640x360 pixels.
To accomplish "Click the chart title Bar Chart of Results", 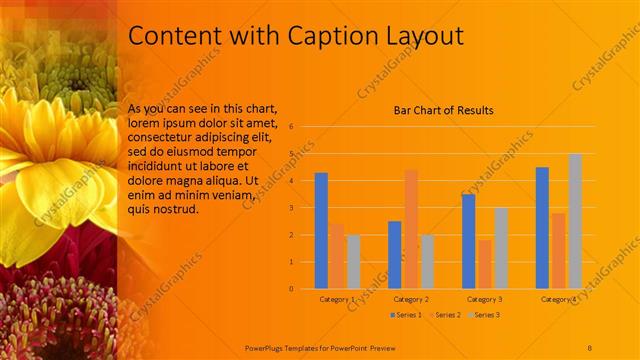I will (443, 110).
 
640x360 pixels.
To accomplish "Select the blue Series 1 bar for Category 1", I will (321, 230).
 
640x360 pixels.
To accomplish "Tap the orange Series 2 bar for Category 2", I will (411, 229).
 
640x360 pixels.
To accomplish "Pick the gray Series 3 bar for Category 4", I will (575, 221).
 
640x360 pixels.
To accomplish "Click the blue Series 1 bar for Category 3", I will (468, 241).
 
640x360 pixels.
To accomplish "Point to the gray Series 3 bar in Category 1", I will (354, 261).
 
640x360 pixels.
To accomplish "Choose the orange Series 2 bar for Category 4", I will (558, 250).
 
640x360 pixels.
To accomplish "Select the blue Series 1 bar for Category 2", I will (394, 254).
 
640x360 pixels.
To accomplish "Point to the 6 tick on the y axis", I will (290, 127).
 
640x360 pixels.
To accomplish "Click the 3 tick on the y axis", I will (290, 208).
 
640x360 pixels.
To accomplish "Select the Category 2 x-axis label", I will (411, 299).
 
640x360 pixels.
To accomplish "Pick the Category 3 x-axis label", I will (485, 299).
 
